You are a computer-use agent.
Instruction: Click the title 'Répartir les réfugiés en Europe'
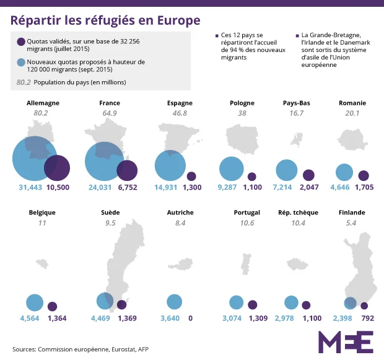105,20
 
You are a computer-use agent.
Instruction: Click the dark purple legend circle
21,42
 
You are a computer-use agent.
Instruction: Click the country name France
109,103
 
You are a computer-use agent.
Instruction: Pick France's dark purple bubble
127,170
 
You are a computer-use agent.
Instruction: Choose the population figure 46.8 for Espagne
180,113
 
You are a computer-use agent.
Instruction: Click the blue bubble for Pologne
232,169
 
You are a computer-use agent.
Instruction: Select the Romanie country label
352,103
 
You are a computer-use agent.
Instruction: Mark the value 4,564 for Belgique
30,318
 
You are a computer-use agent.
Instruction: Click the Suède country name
110,213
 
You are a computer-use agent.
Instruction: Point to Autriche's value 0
190,318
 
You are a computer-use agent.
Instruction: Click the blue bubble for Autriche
175,302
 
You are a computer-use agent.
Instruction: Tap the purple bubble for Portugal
252,304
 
